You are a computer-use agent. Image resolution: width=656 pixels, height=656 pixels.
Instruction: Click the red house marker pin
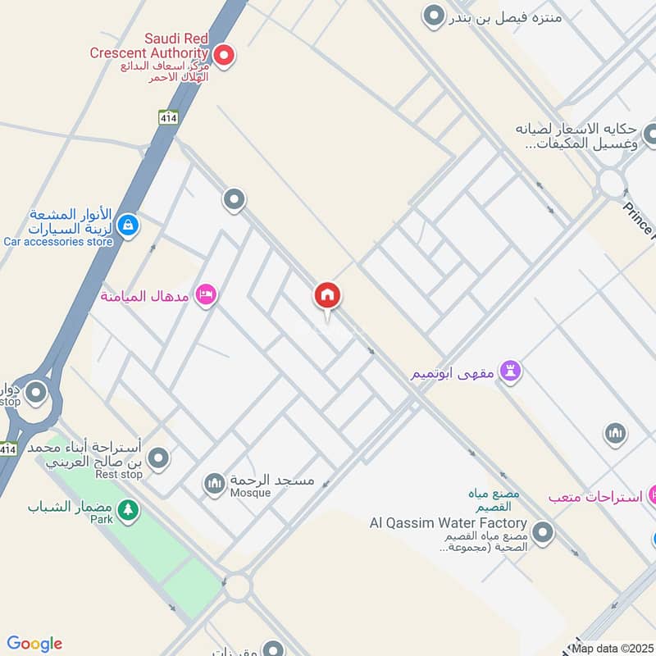pyautogui.click(x=327, y=296)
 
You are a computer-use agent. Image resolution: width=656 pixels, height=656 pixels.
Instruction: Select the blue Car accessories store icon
pyautogui.click(x=127, y=225)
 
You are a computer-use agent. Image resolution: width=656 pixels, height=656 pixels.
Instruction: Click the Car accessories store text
pyautogui.click(x=58, y=242)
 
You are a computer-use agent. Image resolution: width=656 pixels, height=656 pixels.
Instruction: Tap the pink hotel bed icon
pyautogui.click(x=206, y=294)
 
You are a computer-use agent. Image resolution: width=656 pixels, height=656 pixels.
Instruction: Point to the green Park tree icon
pyautogui.click(x=127, y=510)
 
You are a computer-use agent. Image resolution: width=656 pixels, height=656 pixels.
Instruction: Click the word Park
pyautogui.click(x=101, y=519)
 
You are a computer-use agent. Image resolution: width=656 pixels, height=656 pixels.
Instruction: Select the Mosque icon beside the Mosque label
pyautogui.click(x=214, y=484)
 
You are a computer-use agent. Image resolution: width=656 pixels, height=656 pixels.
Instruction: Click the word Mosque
pyautogui.click(x=249, y=493)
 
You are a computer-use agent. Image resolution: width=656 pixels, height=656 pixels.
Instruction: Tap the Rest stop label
pyautogui.click(x=119, y=474)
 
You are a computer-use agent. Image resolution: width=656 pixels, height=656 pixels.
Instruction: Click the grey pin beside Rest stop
pyautogui.click(x=158, y=458)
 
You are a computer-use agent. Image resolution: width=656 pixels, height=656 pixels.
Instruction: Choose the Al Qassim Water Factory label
pyautogui.click(x=448, y=522)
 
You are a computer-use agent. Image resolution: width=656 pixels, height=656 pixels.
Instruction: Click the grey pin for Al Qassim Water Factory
pyautogui.click(x=541, y=534)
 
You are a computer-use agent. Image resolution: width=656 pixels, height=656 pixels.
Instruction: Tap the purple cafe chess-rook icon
pyautogui.click(x=512, y=372)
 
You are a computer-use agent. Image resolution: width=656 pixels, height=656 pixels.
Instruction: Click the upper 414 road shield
pyautogui.click(x=169, y=117)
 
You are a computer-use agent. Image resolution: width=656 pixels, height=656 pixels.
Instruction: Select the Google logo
pyautogui.click(x=34, y=644)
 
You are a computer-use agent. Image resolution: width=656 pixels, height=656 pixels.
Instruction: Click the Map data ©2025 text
pyautogui.click(x=612, y=648)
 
